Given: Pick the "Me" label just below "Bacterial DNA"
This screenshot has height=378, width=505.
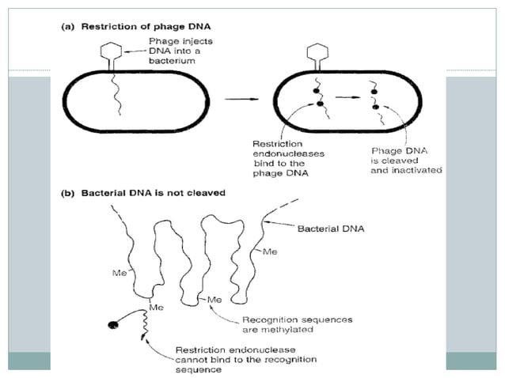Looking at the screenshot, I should coord(271,253).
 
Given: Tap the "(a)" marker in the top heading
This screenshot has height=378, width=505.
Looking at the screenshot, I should coord(69,25).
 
